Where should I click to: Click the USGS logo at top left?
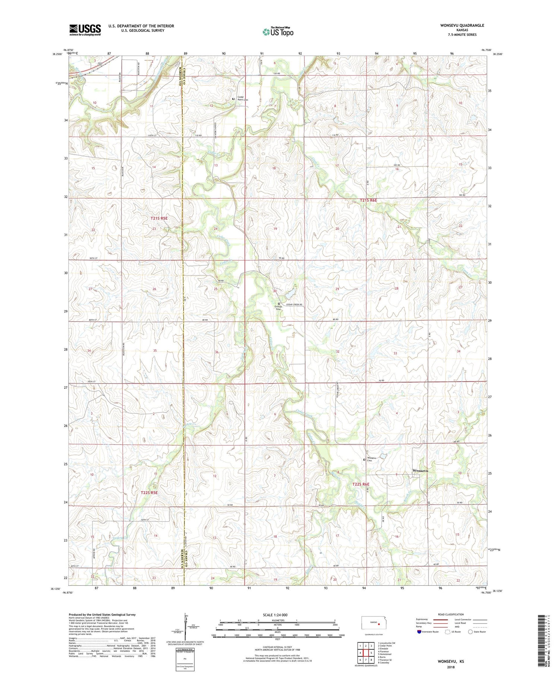[85, 30]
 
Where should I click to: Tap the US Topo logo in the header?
[278, 32]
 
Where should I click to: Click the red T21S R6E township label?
[369, 200]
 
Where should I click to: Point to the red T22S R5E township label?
[149, 493]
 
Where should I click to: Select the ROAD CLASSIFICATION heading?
[451, 614]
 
